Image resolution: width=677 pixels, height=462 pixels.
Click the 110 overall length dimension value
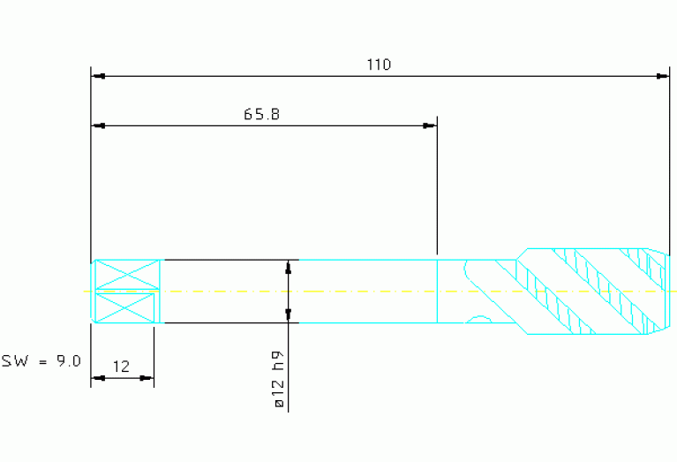379,64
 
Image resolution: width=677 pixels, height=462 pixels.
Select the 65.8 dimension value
262,114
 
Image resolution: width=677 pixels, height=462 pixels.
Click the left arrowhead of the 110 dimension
99,77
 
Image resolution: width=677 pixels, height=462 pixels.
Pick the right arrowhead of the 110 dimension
662,77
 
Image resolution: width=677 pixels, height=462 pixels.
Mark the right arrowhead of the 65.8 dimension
430,126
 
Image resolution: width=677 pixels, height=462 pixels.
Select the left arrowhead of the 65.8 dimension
99,126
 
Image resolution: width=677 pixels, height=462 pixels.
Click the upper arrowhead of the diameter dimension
289,267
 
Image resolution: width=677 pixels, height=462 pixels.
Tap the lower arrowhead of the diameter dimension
289,315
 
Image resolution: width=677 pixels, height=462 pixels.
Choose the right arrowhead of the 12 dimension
147,378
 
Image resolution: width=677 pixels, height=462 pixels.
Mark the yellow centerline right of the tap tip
673,291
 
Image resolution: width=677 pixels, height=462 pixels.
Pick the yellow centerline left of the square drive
87,291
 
